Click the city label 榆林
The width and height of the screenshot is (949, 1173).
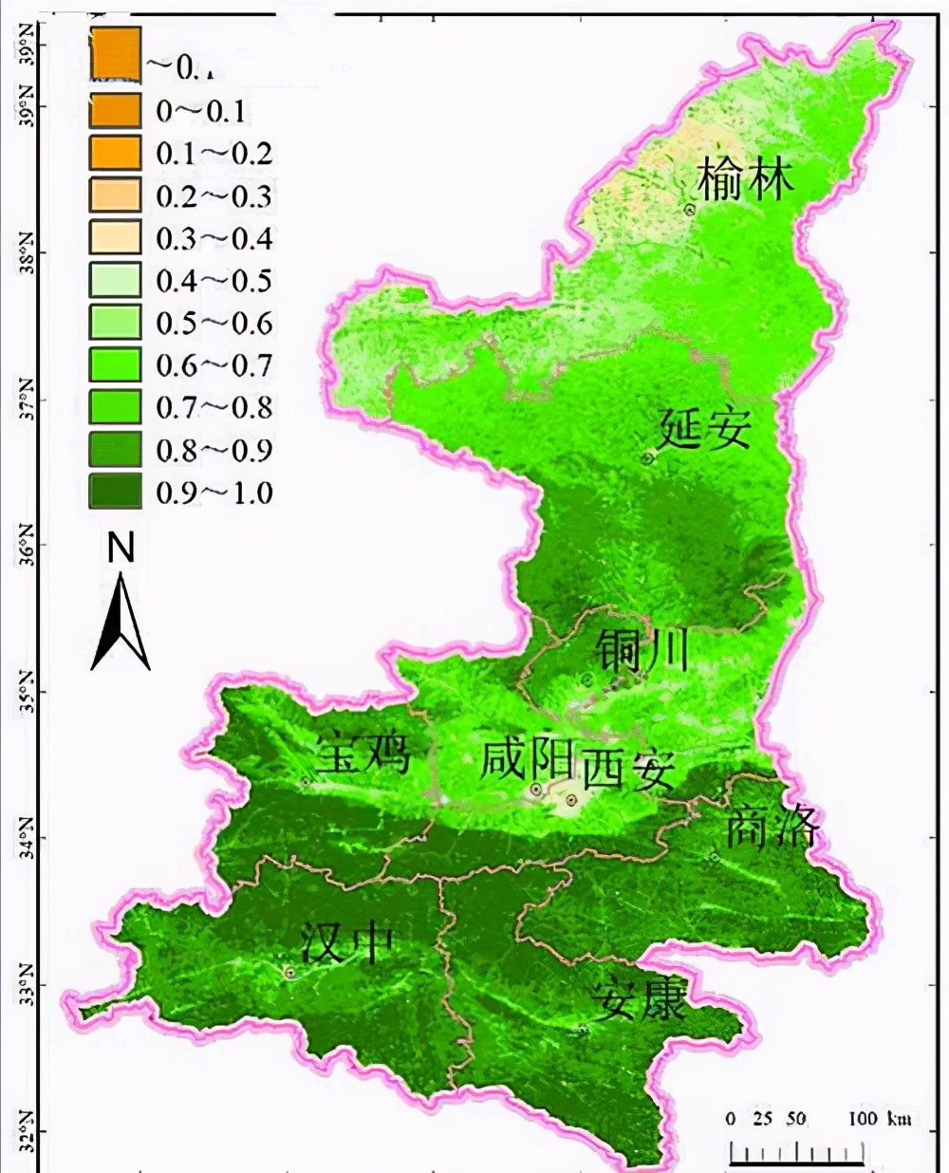745,178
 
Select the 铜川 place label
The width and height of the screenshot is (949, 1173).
642,650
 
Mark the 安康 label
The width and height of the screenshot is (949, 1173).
638,999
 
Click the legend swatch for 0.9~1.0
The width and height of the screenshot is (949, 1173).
115,492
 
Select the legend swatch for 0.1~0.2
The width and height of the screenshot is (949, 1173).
115,154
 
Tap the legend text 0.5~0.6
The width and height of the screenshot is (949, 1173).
214,323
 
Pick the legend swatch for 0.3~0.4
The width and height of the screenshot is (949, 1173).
115,238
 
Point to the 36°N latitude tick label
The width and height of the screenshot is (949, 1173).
25,544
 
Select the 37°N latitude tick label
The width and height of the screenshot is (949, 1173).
25,400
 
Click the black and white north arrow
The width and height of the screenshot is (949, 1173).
121,622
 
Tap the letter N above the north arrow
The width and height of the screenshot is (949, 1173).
121,548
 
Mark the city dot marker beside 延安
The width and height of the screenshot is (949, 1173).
648,458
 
